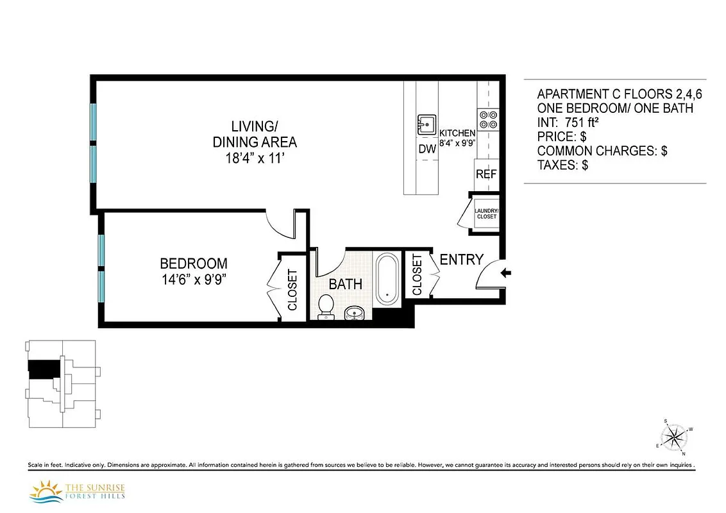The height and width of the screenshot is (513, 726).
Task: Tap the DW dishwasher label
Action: point(426,149)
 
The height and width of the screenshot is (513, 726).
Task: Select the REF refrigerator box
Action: point(485,174)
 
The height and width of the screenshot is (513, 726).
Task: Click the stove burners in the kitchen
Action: point(487,119)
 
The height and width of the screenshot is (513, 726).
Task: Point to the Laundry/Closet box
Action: point(485,213)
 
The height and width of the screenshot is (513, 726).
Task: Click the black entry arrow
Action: point(505,273)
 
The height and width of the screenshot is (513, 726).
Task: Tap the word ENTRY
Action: point(461,260)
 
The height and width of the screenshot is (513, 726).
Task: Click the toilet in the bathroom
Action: point(326,306)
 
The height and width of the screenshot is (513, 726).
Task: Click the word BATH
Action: point(346,284)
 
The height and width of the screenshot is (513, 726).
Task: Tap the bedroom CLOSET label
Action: point(293,290)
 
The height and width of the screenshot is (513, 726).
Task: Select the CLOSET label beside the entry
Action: point(417,274)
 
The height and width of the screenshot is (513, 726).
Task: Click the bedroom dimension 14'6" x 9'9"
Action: point(194,280)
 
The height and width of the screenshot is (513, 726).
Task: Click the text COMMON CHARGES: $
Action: point(602,151)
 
